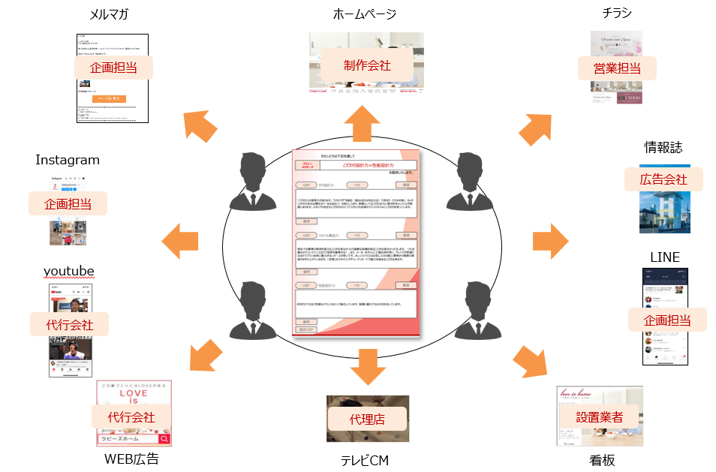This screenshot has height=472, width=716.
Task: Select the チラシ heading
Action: pyautogui.click(x=616, y=13)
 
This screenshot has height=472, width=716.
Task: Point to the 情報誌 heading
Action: pyautogui.click(x=663, y=146)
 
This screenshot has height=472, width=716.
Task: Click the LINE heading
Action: pyautogui.click(x=664, y=257)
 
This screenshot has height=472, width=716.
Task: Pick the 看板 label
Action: pyautogui.click(x=602, y=460)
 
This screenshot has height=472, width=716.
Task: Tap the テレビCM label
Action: pyautogui.click(x=365, y=460)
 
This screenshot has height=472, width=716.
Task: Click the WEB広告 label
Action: pyautogui.click(x=131, y=459)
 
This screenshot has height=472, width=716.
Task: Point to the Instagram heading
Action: pyautogui.click(x=68, y=160)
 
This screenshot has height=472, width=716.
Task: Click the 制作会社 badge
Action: pyautogui.click(x=367, y=65)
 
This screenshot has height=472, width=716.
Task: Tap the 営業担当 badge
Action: pyautogui.click(x=617, y=68)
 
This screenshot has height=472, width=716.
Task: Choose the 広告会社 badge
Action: pyautogui.click(x=664, y=179)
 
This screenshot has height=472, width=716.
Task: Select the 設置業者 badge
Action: pyautogui.click(x=599, y=417)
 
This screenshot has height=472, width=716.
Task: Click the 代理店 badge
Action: pyautogui.click(x=367, y=419)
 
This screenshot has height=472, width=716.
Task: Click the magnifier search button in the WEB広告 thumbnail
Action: pyautogui.click(x=164, y=439)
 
